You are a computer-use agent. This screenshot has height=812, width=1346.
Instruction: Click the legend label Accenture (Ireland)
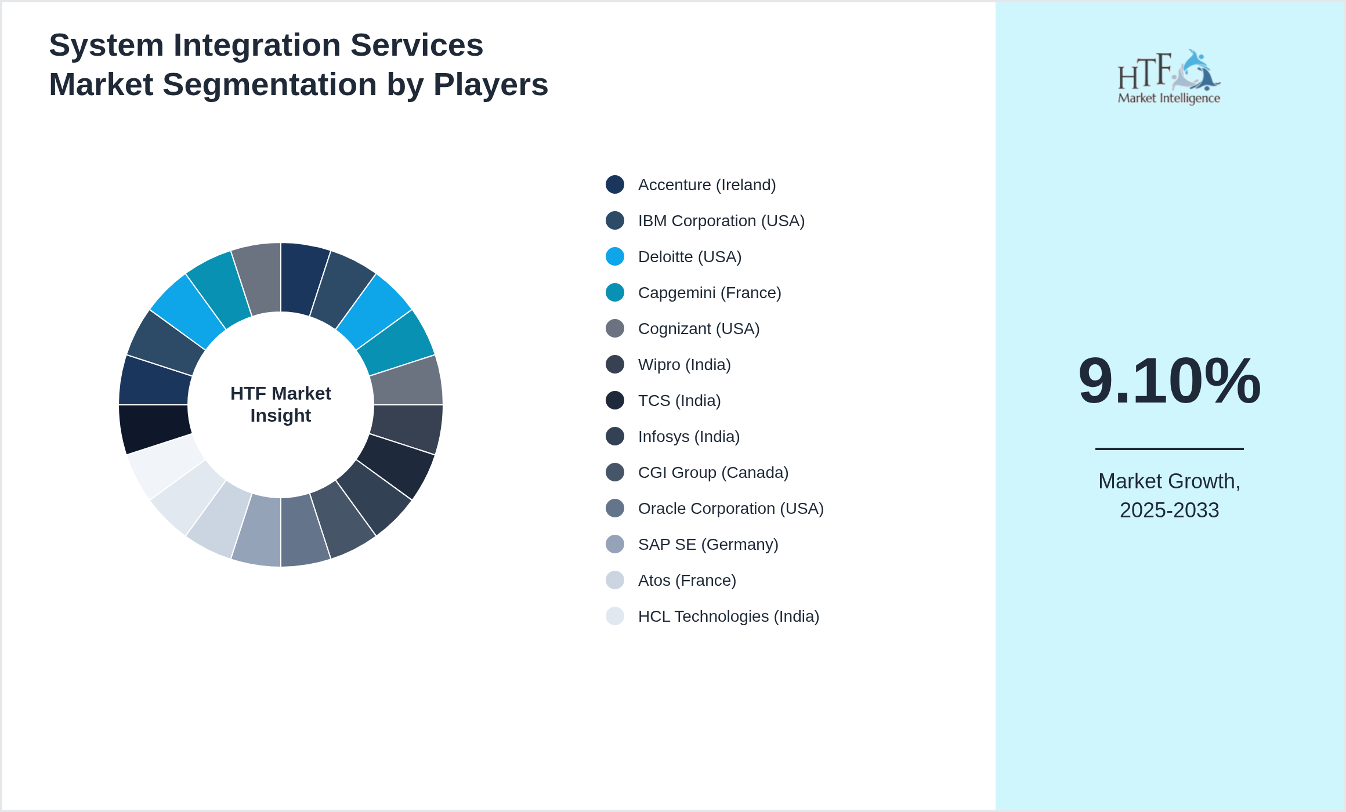(x=707, y=185)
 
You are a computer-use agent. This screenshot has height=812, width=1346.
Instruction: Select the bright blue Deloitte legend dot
(x=615, y=256)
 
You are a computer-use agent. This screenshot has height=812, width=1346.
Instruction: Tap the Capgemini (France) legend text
(x=710, y=293)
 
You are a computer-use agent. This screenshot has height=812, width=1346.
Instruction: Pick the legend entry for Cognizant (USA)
(x=699, y=329)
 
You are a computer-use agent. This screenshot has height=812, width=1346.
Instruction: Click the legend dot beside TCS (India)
(x=615, y=400)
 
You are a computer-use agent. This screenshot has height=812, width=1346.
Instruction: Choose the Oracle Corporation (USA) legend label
(x=730, y=509)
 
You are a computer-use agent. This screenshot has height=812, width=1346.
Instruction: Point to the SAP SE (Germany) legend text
(x=708, y=545)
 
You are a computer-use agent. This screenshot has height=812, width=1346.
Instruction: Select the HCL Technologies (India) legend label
(x=728, y=617)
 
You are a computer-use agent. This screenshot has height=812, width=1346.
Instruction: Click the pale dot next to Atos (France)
(x=615, y=580)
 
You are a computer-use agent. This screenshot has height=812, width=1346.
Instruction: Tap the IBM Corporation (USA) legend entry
(x=721, y=221)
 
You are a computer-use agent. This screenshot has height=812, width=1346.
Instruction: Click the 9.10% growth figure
(x=1169, y=381)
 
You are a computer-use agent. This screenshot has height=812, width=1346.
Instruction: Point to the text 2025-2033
(x=1169, y=510)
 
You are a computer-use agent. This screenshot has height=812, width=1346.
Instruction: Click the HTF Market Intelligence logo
(x=1169, y=77)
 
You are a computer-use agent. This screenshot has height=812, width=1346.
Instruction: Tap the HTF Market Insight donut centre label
(x=281, y=404)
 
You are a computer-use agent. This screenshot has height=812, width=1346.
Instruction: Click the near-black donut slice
(x=153, y=428)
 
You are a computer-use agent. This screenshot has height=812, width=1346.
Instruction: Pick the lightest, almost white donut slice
(x=164, y=465)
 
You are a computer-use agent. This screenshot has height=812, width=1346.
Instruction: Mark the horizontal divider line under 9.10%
(x=1169, y=448)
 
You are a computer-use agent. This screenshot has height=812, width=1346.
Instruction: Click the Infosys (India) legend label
(x=689, y=437)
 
